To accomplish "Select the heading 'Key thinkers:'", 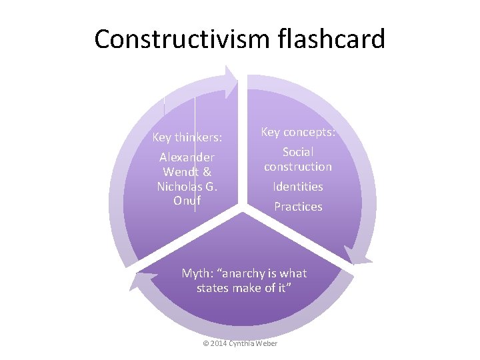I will [x=187, y=138].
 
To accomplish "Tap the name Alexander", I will [x=187, y=158].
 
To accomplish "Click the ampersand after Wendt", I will [x=207, y=172].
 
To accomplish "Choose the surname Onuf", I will [x=187, y=200].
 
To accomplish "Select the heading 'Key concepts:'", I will [x=297, y=132].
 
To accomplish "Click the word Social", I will [x=298, y=153].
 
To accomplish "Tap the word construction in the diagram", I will [x=298, y=167].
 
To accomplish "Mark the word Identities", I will [x=298, y=187].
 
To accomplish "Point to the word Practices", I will [x=298, y=207].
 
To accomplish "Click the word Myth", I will [x=197, y=273].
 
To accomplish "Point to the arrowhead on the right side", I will [x=357, y=257].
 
